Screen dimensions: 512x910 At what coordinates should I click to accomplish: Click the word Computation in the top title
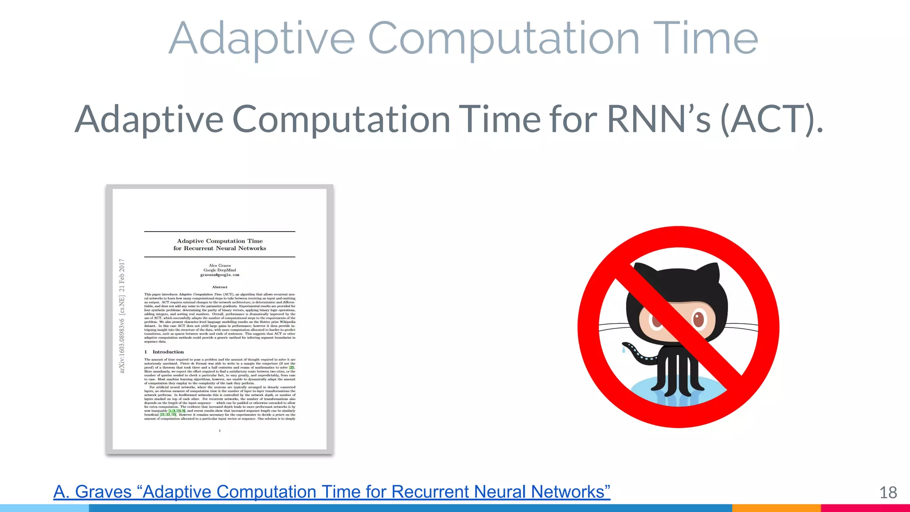[503, 39]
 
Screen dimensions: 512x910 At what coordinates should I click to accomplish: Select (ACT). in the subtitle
[772, 119]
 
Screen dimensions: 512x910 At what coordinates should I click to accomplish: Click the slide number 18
[888, 492]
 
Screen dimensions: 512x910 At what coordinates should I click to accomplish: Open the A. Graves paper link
[331, 492]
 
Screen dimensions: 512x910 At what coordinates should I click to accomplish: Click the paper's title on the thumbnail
[220, 244]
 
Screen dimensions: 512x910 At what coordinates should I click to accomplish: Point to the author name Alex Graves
[220, 265]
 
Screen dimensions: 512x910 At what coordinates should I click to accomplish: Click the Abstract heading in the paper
[220, 287]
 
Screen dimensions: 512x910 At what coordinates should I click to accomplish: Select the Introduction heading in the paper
[168, 352]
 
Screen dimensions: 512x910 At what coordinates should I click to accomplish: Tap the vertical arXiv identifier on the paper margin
[122, 316]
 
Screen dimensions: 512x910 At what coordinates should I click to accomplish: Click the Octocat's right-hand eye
[698, 319]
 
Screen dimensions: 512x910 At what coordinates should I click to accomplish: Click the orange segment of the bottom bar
[776, 508]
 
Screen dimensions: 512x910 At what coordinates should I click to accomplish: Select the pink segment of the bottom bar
[865, 508]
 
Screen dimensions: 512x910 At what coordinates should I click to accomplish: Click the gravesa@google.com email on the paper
[220, 275]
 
